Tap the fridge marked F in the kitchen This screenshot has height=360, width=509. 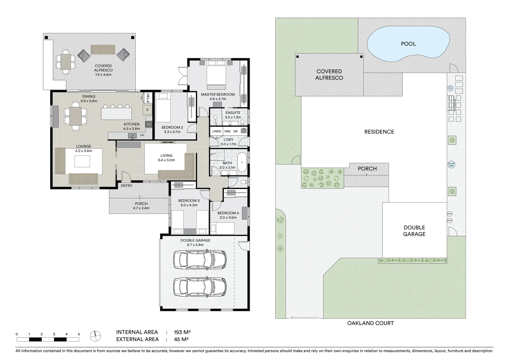tap(147, 110)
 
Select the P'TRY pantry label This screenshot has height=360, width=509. tap(148, 98)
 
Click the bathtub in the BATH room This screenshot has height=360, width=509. tap(242, 163)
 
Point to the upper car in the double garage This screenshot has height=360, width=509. tap(200, 259)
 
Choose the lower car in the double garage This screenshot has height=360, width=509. tap(200, 286)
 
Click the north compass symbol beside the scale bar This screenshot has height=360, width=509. tap(95, 336)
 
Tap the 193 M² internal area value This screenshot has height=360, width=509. tap(182, 332)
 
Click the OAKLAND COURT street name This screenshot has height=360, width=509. tap(370, 323)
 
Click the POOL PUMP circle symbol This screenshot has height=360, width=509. tap(450, 88)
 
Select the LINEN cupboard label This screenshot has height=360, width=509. tap(216, 131)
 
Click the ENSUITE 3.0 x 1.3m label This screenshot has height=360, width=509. tap(232, 115)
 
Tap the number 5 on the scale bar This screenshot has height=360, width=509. tap(79, 334)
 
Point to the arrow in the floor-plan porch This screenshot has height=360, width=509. tap(140, 197)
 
